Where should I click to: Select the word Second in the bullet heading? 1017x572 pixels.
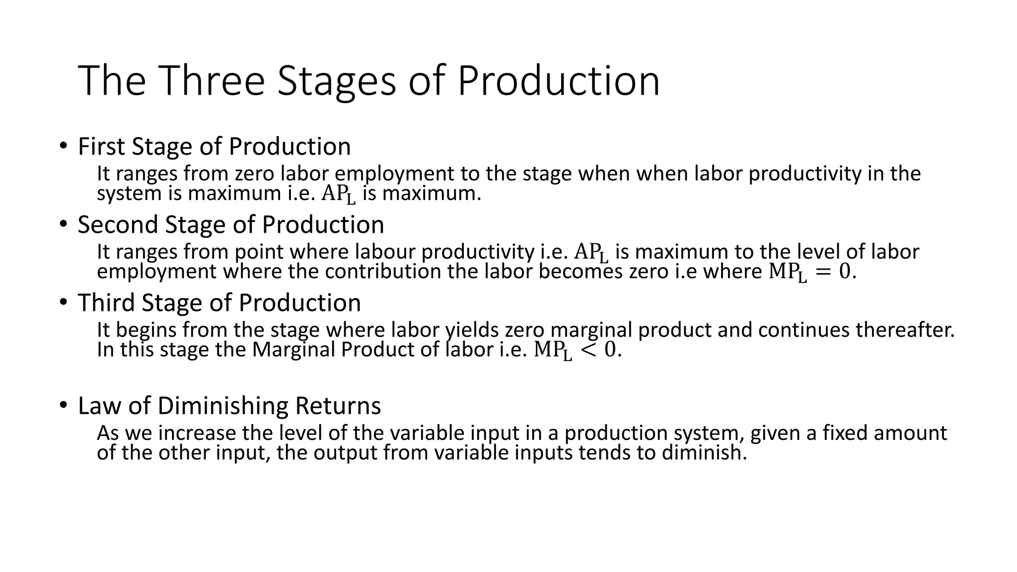tap(118, 224)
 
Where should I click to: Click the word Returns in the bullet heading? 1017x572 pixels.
tap(338, 406)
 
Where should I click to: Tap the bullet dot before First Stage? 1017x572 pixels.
tap(63, 146)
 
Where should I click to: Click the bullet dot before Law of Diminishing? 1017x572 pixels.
tap(63, 405)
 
